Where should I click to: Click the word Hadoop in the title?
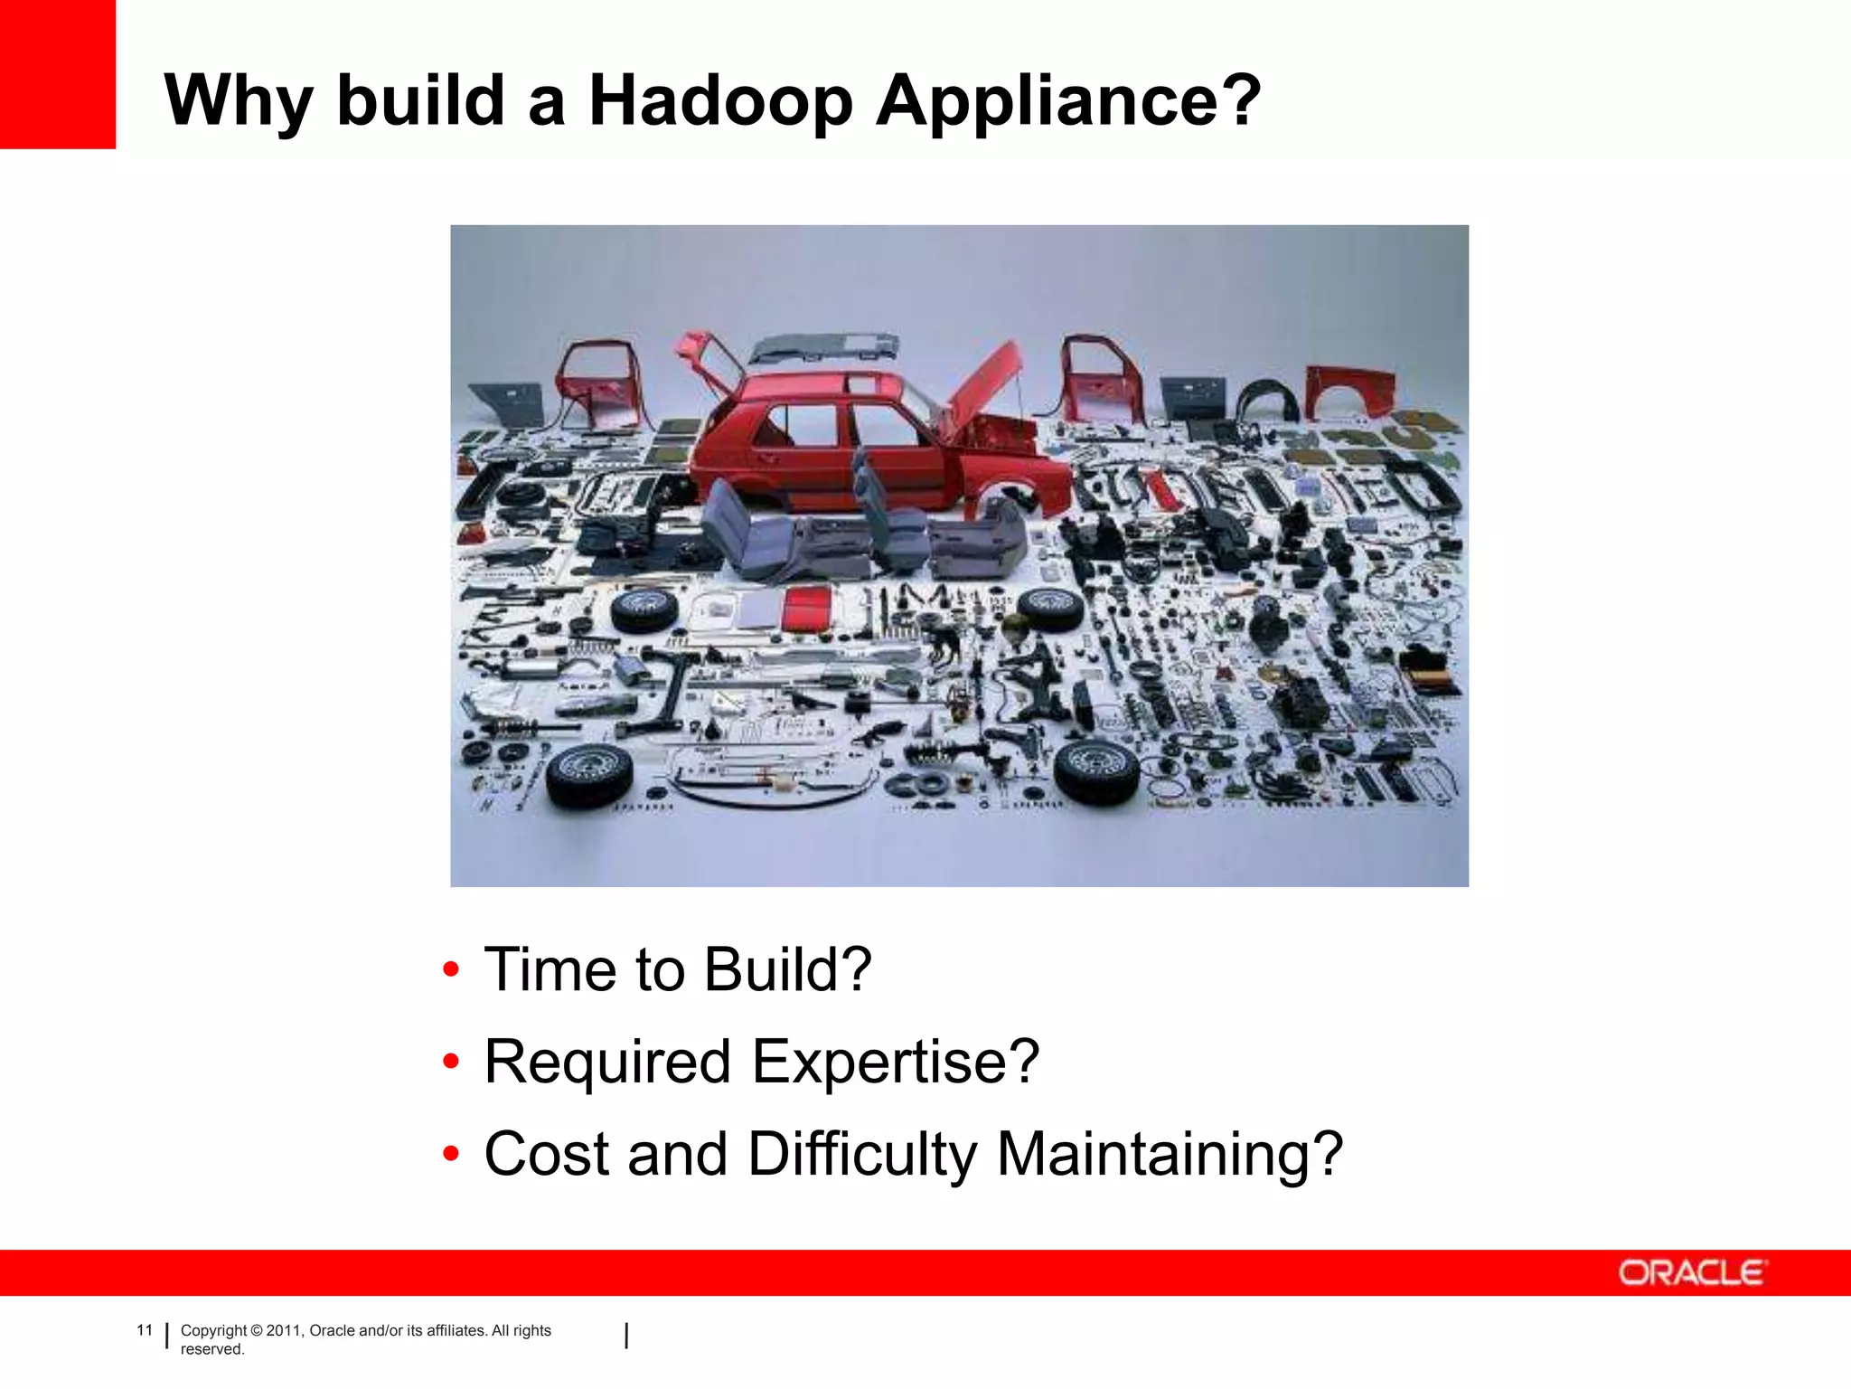click(x=720, y=99)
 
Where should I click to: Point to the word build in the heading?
click(x=420, y=99)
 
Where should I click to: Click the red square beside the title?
click(x=58, y=74)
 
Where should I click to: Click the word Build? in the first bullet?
click(x=787, y=969)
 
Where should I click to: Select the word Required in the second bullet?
click(x=607, y=1062)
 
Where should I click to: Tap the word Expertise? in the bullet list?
click(x=896, y=1062)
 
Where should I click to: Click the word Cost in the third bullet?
click(x=547, y=1154)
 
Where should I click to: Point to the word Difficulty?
click(x=862, y=1156)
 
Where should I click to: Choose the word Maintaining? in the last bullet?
click(x=1170, y=1156)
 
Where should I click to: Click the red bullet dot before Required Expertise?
click(x=451, y=1062)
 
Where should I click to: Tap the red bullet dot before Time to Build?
click(x=451, y=970)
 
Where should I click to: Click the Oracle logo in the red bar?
click(x=1691, y=1273)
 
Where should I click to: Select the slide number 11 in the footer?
click(x=145, y=1329)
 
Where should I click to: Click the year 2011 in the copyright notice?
click(x=284, y=1330)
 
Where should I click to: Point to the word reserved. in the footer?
click(x=212, y=1349)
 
